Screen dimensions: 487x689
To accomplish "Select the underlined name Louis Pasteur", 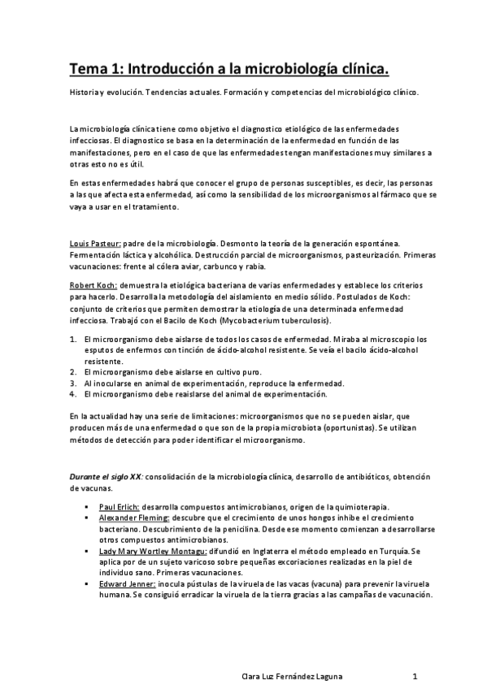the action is (x=95, y=244).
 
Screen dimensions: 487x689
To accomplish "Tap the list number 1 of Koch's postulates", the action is (x=73, y=340).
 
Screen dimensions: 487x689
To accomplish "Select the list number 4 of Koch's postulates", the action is (x=73, y=394).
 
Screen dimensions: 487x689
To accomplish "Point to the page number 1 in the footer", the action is (x=415, y=675).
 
